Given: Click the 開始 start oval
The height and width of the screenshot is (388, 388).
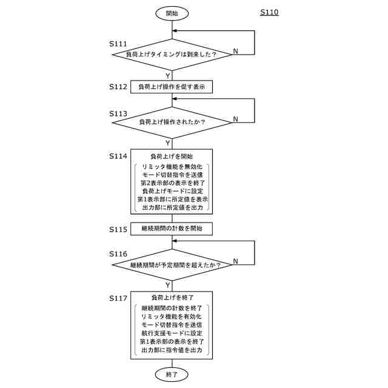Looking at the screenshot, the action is click(172, 13).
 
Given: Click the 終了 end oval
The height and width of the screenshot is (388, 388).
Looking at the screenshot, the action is click(172, 375).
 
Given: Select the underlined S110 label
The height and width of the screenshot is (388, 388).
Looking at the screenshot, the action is click(269, 12).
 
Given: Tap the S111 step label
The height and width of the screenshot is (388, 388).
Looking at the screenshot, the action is click(118, 44).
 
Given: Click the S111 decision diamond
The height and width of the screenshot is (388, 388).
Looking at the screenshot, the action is click(172, 55).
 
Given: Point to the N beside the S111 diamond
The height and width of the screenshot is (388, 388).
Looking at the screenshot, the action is click(235, 51).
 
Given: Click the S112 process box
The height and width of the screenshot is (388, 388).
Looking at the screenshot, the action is click(172, 87).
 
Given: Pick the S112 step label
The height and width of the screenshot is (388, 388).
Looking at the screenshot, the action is click(118, 87).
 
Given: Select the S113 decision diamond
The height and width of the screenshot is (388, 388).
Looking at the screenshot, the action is click(172, 122).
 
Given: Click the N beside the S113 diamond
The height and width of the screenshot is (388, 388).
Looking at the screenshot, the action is click(235, 119).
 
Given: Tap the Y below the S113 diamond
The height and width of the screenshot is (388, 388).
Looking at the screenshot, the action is click(168, 143).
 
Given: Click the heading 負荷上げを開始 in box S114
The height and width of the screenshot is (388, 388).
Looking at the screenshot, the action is click(172, 156).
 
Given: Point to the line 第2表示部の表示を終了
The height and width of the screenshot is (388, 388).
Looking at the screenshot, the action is click(172, 183).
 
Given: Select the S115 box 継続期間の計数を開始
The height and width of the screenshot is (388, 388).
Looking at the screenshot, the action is click(172, 229).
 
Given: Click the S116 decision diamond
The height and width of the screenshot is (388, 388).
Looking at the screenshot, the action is click(172, 265).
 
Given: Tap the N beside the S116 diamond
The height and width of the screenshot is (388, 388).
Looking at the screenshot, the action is click(235, 261).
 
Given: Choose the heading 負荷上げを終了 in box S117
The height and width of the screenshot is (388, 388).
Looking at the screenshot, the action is click(172, 298).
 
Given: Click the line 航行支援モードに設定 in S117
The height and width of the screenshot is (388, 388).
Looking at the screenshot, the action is click(172, 333).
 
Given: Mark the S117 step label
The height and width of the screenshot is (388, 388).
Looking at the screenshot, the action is click(118, 298).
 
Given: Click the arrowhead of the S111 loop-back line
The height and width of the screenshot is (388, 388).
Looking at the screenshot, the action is click(174, 31).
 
